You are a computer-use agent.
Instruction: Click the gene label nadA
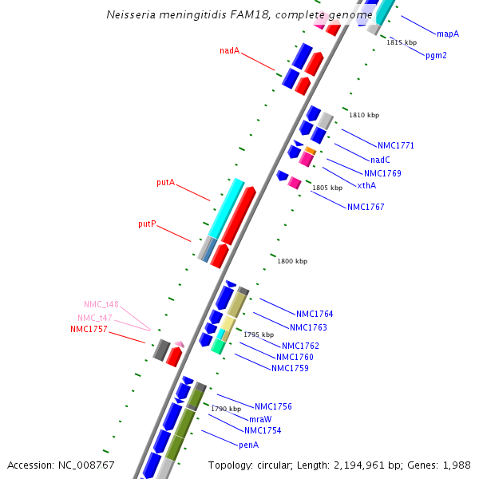click(x=229, y=51)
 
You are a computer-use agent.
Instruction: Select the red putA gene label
click(x=165, y=183)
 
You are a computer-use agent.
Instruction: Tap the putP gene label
click(x=147, y=224)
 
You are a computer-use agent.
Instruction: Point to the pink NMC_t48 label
click(x=101, y=304)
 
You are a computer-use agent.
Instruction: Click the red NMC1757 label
click(x=89, y=329)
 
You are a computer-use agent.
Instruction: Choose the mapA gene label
click(x=448, y=34)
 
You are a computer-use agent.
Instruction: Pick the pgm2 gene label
click(x=436, y=56)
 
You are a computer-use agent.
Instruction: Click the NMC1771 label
click(x=396, y=146)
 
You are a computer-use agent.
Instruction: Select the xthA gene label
click(x=366, y=185)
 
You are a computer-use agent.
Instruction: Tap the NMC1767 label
click(x=366, y=207)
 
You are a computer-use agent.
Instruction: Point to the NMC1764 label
click(x=315, y=314)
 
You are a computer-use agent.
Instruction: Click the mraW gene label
click(x=260, y=419)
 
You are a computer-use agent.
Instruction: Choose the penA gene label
click(x=249, y=445)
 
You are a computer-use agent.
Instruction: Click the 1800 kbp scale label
click(x=292, y=261)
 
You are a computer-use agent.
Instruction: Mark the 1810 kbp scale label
click(x=364, y=116)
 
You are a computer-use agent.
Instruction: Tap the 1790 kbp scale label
click(x=226, y=409)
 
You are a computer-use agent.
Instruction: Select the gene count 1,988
click(x=457, y=465)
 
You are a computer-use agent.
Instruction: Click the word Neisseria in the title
click(x=131, y=15)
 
